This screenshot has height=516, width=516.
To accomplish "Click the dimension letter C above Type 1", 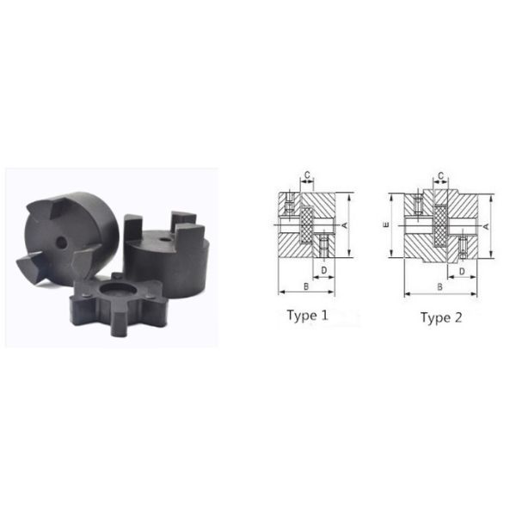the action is coord(307,175).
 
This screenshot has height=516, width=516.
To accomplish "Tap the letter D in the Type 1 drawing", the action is coord(324,270).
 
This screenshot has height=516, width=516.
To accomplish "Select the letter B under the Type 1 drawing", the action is coord(306,286).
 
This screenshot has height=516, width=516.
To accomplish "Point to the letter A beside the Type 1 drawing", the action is coord(345,225).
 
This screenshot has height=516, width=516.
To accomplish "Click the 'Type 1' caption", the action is coord(307,316).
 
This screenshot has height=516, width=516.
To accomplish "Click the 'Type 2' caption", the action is coord(441,317).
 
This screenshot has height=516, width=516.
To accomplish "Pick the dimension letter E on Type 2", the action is coord(386,224).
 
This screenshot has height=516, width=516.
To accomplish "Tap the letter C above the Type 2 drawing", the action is coord(441,175).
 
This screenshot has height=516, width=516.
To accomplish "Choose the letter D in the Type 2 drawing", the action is coord(462,271).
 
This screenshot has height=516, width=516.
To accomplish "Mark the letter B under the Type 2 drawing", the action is coord(440,287).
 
